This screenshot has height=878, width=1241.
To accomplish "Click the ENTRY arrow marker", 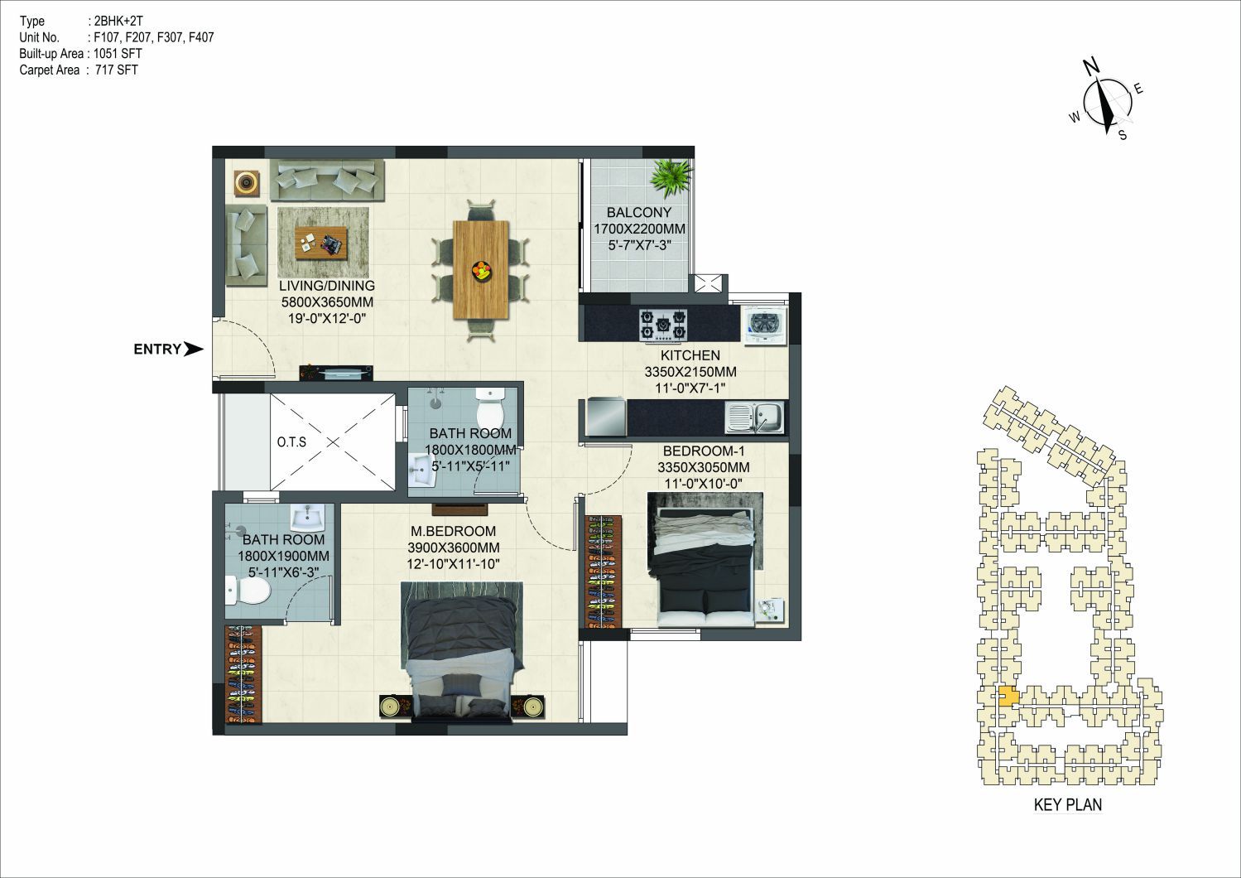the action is (194, 349).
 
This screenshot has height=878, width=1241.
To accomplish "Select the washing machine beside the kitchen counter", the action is (766, 325).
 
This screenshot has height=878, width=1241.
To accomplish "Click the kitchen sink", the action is (754, 417).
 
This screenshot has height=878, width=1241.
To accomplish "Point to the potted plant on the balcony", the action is (671, 178).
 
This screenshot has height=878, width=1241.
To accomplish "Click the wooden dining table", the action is (481, 269).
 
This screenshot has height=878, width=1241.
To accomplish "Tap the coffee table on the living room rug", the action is (321, 243).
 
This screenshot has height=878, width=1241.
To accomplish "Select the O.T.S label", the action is (291, 441).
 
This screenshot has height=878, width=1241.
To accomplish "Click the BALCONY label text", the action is (639, 212).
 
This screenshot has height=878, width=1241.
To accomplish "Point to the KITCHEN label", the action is (690, 355).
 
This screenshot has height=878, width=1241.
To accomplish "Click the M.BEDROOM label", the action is (453, 531).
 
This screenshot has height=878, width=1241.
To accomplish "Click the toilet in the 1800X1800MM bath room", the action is (490, 408).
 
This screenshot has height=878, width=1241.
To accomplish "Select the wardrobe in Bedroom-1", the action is (604, 572).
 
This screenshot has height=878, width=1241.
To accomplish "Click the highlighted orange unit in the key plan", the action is (1008, 697).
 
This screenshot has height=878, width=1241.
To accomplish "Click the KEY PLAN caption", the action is (1068, 805).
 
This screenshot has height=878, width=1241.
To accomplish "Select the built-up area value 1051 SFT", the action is (118, 54).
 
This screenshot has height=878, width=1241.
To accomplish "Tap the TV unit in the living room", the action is (336, 373).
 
